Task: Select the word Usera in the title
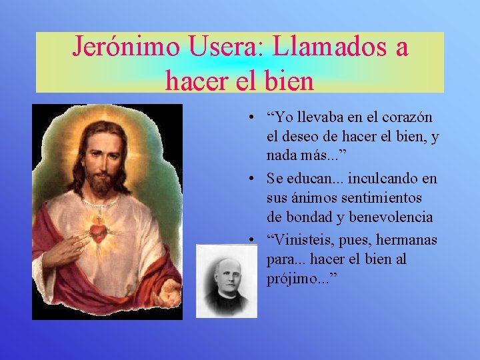tap(216, 47)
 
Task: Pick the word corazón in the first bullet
tap(407, 117)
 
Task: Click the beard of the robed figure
tap(101, 183)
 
